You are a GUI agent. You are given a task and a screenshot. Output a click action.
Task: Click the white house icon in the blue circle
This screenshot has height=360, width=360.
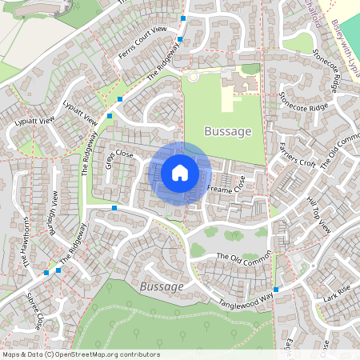[180, 172]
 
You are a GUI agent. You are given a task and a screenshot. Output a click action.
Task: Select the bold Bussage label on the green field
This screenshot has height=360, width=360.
[228, 131]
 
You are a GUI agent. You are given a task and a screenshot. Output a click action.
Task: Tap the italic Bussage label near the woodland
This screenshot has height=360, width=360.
[162, 286]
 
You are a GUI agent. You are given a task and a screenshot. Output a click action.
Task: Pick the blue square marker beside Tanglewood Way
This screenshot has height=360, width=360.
[275, 289]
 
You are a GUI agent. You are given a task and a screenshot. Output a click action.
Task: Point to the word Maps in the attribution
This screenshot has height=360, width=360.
[11, 354]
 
